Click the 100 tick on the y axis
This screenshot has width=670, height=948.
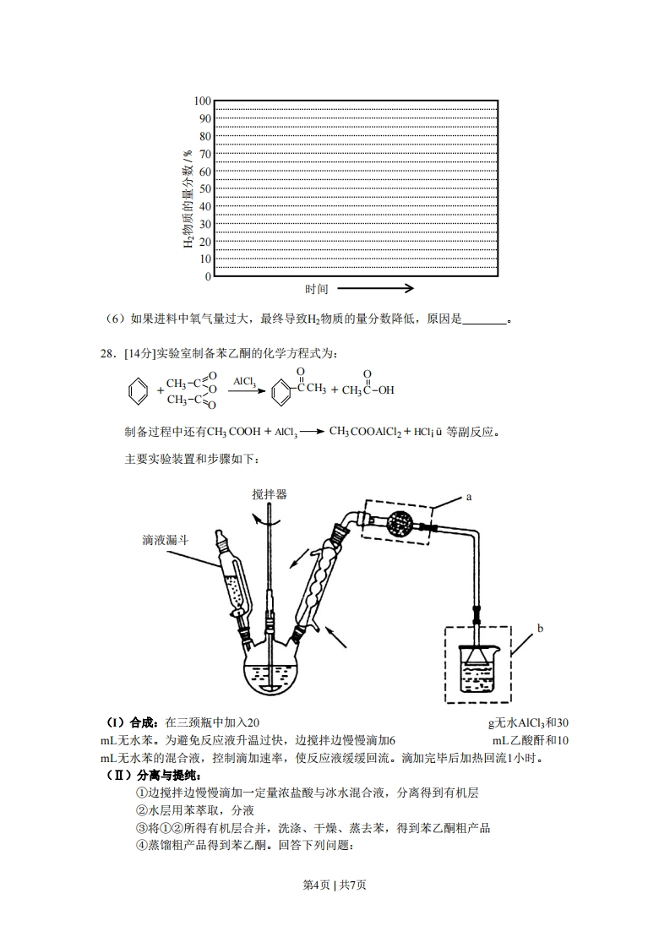pos(200,101)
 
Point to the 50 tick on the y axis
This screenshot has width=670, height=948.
pos(204,189)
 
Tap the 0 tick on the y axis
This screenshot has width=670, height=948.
pos(207,277)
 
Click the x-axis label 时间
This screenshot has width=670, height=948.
pos(316,289)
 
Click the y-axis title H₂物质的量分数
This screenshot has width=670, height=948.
pos(188,199)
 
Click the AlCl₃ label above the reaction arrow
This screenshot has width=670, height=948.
pos(245,382)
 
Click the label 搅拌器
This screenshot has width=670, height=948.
pos(269,494)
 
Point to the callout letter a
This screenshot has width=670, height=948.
pos(468,498)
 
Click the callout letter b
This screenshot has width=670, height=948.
pos(540,629)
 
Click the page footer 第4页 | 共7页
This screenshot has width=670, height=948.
pos(335,885)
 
